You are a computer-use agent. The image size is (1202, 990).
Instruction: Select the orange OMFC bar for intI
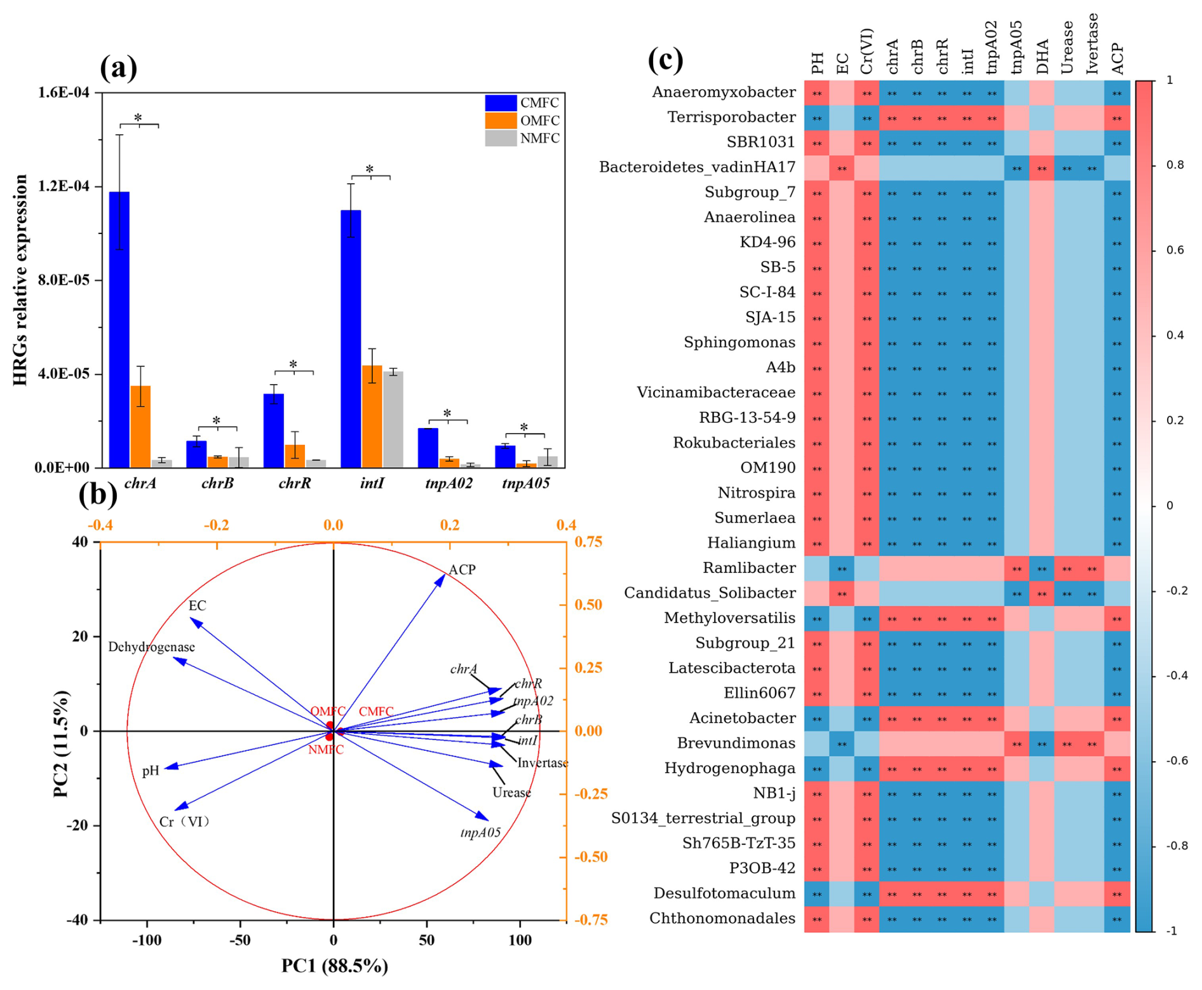[372, 416]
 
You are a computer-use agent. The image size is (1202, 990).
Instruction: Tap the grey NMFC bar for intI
[393, 420]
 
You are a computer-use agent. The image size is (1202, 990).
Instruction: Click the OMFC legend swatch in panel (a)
[501, 121]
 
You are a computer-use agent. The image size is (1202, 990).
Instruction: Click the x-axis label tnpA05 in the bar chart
[525, 484]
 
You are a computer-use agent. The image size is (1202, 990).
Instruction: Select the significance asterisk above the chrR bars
[293, 364]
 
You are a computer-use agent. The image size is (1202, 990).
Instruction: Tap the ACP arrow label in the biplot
[462, 570]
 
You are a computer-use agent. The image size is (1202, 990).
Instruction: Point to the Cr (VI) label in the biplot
[185, 822]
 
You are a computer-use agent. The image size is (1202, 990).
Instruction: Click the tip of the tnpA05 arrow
[488, 820]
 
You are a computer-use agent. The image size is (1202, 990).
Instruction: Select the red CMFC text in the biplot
[376, 712]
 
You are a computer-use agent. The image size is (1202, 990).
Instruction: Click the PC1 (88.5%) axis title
[335, 966]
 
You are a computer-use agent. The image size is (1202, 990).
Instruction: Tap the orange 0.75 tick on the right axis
[588, 542]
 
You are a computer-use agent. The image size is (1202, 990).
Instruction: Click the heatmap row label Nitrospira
[756, 493]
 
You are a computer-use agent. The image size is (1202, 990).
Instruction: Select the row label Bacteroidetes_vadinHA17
[697, 167]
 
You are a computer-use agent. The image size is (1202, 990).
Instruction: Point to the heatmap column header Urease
[1067, 48]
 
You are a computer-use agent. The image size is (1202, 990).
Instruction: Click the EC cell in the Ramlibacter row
[842, 568]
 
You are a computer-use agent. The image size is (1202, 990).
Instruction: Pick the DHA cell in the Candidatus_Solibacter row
[1042, 593]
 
